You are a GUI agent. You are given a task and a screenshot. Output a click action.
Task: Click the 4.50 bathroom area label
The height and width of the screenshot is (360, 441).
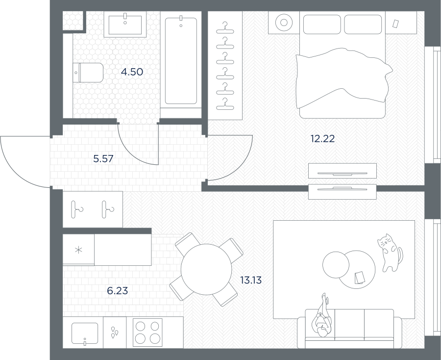pyautogui.click(x=132, y=72)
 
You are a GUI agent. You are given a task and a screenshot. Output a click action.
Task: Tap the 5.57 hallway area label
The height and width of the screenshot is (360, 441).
pyautogui.click(x=103, y=159)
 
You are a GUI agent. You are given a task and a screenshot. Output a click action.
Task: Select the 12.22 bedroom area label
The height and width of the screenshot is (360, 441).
pyautogui.click(x=322, y=139)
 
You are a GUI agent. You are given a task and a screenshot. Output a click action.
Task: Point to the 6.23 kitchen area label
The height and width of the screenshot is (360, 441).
pyautogui.click(x=118, y=290)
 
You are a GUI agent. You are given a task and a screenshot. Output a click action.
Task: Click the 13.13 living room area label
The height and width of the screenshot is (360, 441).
pyautogui.click(x=251, y=280)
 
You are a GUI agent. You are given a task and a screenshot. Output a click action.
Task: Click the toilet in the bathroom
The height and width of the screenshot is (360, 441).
pyautogui.click(x=88, y=73)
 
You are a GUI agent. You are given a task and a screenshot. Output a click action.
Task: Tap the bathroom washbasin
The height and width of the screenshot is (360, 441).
pyautogui.click(x=125, y=24)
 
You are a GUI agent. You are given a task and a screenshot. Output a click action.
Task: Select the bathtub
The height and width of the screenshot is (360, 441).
pyautogui.click(x=181, y=61)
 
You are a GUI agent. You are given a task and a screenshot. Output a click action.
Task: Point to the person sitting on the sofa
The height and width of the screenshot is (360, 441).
pyautogui.click(x=322, y=316)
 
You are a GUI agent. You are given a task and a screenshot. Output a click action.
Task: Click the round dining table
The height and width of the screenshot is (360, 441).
pyautogui.click(x=206, y=269)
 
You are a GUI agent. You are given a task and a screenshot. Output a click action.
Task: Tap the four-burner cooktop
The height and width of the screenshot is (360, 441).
pyautogui.click(x=147, y=333)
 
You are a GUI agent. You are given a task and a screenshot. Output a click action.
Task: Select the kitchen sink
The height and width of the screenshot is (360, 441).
pyautogui.click(x=85, y=333)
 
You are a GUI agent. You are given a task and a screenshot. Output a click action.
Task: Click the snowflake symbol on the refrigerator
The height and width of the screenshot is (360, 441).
pyautogui.click(x=78, y=250)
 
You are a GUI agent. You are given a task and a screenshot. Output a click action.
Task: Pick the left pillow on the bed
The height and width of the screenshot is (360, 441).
pyautogui.click(x=322, y=24)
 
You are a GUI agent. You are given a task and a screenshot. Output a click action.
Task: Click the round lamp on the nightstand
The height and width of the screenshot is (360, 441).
pyautogui.click(x=284, y=23)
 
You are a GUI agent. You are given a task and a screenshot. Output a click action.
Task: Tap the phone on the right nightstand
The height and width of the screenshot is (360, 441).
pyautogui.click(x=396, y=24)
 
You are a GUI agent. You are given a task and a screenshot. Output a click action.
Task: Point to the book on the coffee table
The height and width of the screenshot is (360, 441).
pyautogui.click(x=359, y=278)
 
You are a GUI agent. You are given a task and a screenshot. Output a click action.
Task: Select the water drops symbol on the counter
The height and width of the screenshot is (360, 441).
pyautogui.click(x=114, y=332)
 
